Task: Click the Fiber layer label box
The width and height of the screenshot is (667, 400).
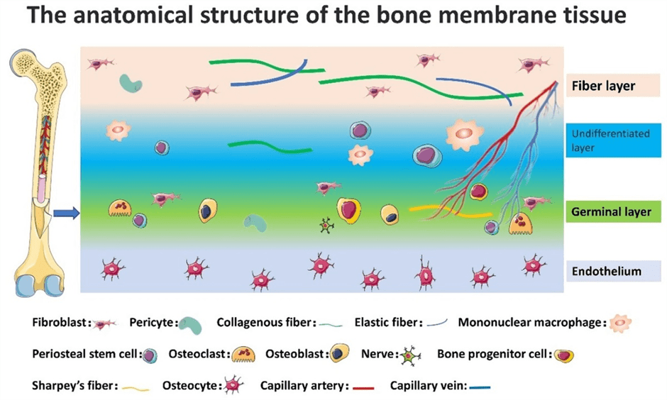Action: click(x=612, y=85)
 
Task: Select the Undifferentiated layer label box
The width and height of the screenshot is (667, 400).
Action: click(x=613, y=140)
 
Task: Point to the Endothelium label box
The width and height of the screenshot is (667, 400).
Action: click(x=613, y=271)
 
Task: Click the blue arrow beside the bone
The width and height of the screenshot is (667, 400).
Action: click(x=67, y=213)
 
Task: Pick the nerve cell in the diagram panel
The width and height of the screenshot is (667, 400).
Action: click(x=326, y=226)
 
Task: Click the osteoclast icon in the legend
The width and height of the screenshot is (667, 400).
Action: click(x=243, y=354)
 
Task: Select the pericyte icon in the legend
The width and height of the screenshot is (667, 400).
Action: click(x=190, y=326)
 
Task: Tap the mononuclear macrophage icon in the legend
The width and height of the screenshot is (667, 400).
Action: click(x=620, y=323)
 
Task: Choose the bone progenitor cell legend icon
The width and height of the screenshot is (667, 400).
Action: click(x=564, y=355)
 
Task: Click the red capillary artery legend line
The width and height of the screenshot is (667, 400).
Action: click(x=363, y=388)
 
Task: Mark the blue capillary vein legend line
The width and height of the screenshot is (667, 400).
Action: click(x=480, y=387)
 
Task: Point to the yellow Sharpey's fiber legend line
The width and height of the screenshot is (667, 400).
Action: click(x=136, y=389)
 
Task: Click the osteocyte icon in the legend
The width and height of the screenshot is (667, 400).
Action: click(x=233, y=385)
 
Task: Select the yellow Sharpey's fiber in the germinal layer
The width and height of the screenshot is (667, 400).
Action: click(x=451, y=211)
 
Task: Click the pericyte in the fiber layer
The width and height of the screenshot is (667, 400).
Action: click(x=131, y=83)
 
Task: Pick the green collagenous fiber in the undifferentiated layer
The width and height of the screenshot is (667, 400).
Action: click(x=270, y=147)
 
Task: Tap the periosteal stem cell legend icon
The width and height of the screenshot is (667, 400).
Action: click(x=149, y=355)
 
